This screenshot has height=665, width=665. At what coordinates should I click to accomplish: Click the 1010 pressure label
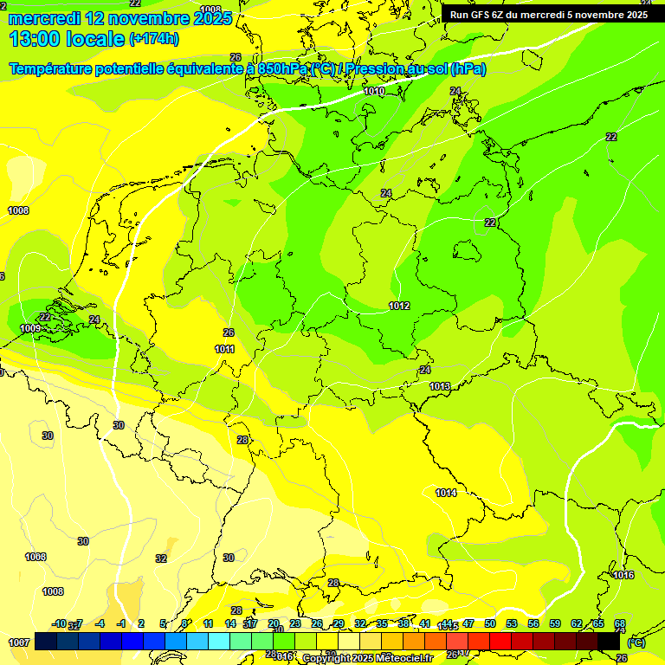pos(374,91)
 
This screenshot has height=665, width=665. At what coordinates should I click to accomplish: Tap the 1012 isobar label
pos(399,306)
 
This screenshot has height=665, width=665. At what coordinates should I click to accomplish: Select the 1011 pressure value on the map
pos(225,349)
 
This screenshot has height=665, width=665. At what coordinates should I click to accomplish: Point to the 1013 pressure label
pos(439,386)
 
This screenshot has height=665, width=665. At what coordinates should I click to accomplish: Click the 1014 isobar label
pos(446,493)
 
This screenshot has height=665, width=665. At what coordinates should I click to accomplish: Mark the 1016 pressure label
pos(623,575)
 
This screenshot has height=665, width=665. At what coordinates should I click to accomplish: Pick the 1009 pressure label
pos(30,328)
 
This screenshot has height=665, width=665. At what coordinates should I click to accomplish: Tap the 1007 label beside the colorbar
pos(19,642)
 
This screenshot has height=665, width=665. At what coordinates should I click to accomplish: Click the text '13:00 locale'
pos(67,38)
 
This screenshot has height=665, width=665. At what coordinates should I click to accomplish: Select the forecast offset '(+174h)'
pos(154,38)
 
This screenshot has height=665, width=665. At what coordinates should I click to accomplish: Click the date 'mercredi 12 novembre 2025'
pos(120,18)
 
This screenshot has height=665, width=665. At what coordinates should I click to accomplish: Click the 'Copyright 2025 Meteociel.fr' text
pos(367,658)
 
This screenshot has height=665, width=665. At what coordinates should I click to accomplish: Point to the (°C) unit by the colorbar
pos(636,642)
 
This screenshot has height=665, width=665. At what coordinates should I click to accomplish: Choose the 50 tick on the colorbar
pos(490,623)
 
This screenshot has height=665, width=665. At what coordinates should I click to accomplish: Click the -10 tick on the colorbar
pos(59,623)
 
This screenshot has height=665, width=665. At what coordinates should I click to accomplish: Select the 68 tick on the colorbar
pos(620,623)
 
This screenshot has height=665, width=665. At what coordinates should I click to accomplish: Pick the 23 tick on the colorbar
pos(295,623)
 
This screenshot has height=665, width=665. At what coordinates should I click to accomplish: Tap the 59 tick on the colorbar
pos(555,623)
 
